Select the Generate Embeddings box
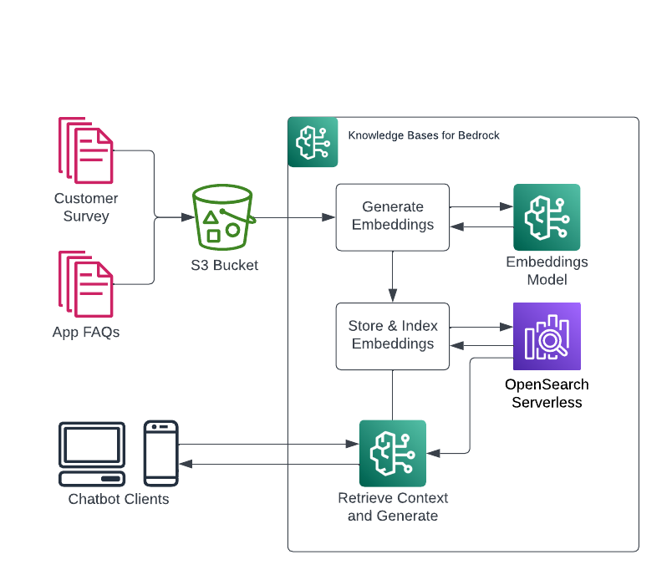(x=393, y=216)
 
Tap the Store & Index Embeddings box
(x=393, y=335)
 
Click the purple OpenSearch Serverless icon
(x=547, y=336)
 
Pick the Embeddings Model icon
(x=547, y=217)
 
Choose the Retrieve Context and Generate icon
(x=393, y=453)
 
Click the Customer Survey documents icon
(x=85, y=150)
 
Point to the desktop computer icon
(x=92, y=454)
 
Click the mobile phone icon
(x=160, y=453)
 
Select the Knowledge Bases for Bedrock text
(x=424, y=135)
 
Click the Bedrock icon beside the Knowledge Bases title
(x=313, y=142)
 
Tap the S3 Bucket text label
(x=223, y=266)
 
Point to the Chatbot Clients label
(x=119, y=500)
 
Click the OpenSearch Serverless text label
(x=547, y=394)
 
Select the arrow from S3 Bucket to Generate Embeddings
(x=293, y=217)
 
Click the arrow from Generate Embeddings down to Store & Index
(x=393, y=277)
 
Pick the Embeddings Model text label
(x=547, y=271)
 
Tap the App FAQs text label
(x=86, y=333)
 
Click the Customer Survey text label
(x=86, y=207)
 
